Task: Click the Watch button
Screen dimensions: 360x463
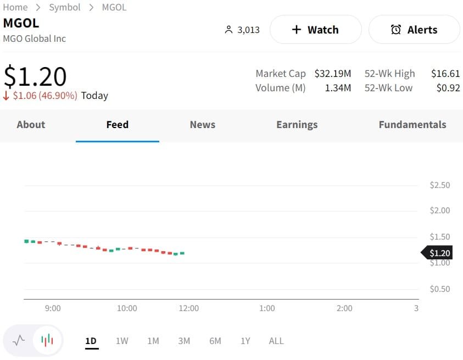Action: pyautogui.click(x=315, y=30)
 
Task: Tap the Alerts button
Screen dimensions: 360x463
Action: pyautogui.click(x=414, y=30)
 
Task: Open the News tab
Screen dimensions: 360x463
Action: pyautogui.click(x=202, y=125)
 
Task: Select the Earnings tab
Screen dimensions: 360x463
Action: pyautogui.click(x=297, y=125)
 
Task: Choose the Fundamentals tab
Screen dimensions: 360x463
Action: pyautogui.click(x=412, y=125)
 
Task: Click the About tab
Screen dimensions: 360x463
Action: pyautogui.click(x=31, y=125)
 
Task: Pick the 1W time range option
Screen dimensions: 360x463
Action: pyautogui.click(x=122, y=341)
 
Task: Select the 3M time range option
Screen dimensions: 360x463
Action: pyautogui.click(x=184, y=341)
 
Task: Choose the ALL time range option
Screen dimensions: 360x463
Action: pyautogui.click(x=276, y=341)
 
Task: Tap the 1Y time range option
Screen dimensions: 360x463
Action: pyautogui.click(x=246, y=341)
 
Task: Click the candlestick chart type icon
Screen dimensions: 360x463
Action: pyautogui.click(x=48, y=340)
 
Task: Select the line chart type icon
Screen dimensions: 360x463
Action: pyautogui.click(x=19, y=340)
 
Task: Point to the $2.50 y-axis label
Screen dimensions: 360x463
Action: pyautogui.click(x=439, y=185)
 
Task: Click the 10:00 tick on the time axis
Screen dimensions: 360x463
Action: pyautogui.click(x=127, y=308)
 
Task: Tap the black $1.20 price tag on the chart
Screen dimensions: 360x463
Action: pyautogui.click(x=438, y=253)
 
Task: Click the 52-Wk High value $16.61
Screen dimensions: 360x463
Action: pyautogui.click(x=445, y=74)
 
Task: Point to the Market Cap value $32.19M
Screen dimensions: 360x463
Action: pyautogui.click(x=332, y=74)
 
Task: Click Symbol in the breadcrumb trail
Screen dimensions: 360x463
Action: pyautogui.click(x=65, y=7)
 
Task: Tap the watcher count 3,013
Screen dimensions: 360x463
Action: pyautogui.click(x=248, y=30)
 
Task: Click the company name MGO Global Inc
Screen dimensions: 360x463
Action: pyautogui.click(x=35, y=38)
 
